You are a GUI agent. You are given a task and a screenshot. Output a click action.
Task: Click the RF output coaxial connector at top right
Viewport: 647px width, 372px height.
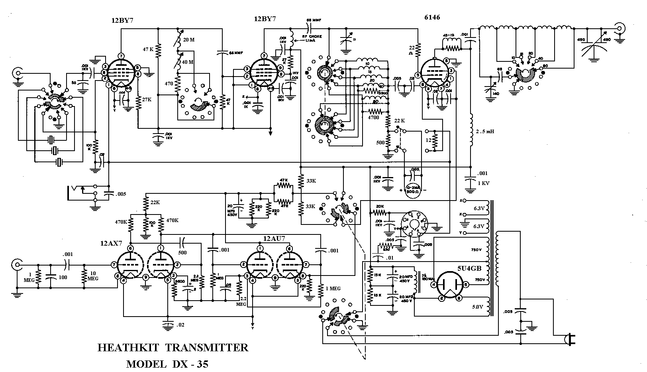click(x=620, y=28)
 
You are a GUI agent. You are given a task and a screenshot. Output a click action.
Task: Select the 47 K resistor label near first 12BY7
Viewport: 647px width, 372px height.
click(x=148, y=49)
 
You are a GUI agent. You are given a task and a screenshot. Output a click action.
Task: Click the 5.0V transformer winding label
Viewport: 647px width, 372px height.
click(x=477, y=307)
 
